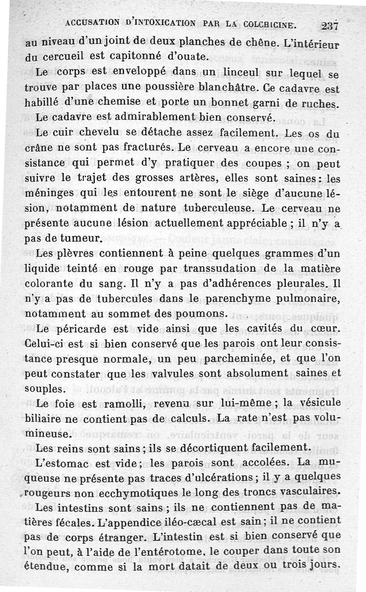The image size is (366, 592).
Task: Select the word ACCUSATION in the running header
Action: [x=91, y=22]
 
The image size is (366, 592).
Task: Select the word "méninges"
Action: [x=48, y=194]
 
